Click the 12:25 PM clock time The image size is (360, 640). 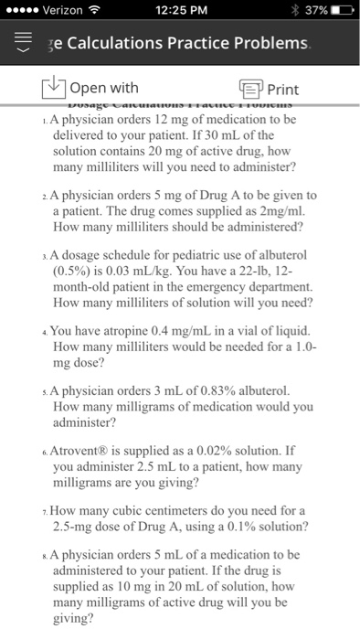pyautogui.click(x=181, y=10)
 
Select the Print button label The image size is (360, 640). pyautogui.click(x=282, y=89)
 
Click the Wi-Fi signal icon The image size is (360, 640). pyautogui.click(x=95, y=10)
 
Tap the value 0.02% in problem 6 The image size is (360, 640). pyautogui.click(x=213, y=450)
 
